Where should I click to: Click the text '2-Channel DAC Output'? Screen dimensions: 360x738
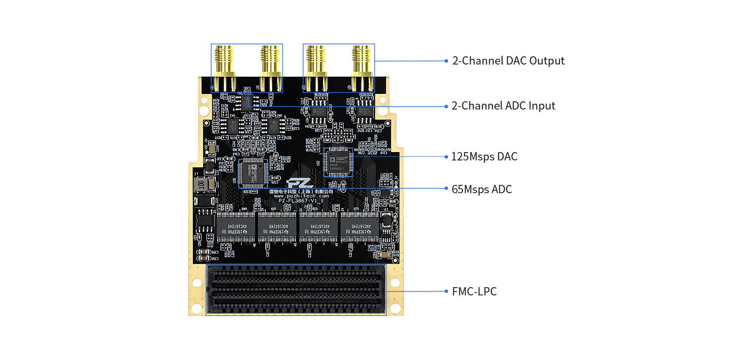coord(508,61)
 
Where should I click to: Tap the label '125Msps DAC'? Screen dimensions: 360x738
coord(484,157)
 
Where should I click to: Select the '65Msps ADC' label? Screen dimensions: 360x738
coord(482,189)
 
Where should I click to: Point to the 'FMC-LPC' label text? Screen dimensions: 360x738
coord(474,292)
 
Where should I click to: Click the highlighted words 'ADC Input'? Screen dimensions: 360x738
coord(529,106)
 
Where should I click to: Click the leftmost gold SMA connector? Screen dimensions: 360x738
coord(224,68)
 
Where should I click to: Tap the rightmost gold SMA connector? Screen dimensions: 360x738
coord(363,68)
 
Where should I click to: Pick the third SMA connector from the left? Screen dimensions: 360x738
coord(316,68)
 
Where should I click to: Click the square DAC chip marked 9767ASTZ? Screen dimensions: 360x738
coord(338,162)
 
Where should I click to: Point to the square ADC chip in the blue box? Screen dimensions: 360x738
coord(253,173)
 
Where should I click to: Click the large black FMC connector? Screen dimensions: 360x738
coord(296,290)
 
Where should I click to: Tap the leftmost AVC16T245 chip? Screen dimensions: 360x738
coord(236,225)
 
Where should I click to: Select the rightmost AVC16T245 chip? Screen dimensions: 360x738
coord(359,225)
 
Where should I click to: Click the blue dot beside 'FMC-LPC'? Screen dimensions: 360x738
coord(446,291)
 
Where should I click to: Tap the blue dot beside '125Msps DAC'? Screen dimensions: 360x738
coord(446,157)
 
